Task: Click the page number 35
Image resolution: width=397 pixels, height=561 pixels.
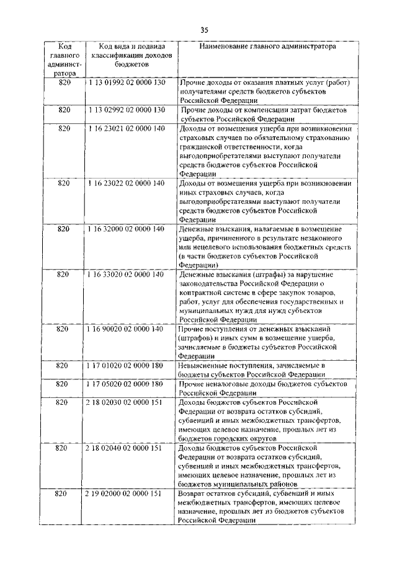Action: click(204, 29)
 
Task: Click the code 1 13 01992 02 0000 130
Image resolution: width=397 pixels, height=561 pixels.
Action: click(126, 82)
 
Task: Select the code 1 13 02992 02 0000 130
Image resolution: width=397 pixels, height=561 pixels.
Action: click(126, 109)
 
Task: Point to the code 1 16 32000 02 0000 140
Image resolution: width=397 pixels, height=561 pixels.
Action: click(126, 229)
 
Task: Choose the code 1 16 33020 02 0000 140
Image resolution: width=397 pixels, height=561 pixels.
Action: click(126, 274)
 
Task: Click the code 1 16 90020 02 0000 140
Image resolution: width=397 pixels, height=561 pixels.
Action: click(126, 329)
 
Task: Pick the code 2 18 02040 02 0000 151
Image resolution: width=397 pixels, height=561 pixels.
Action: click(126, 448)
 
